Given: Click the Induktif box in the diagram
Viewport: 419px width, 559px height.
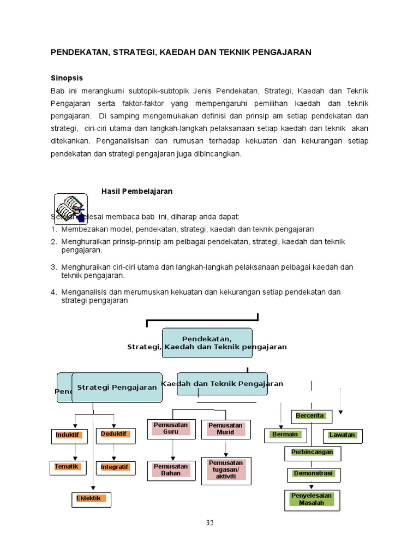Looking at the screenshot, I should pyautogui.click(x=69, y=436).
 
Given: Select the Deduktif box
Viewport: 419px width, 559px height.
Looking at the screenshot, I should pyautogui.click(x=115, y=435).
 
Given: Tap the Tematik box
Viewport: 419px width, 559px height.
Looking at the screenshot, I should pyautogui.click(x=68, y=467).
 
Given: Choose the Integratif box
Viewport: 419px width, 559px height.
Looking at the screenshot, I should pyautogui.click(x=115, y=467).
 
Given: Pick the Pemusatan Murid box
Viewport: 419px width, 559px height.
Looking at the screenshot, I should pyautogui.click(x=225, y=429).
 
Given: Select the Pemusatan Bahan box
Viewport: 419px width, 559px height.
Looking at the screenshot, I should pyautogui.click(x=171, y=471).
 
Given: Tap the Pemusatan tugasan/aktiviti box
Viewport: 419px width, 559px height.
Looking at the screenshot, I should pyautogui.click(x=226, y=470).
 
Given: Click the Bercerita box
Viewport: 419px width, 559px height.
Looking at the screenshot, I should pyautogui.click(x=310, y=416).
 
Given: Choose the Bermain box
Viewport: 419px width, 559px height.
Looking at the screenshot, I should pyautogui.click(x=285, y=435).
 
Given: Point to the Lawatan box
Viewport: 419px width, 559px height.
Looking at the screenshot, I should pyautogui.click(x=342, y=436).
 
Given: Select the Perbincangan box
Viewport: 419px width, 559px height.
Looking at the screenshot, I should pyautogui.click(x=312, y=453).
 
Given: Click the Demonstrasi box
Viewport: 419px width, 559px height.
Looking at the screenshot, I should pyautogui.click(x=313, y=474).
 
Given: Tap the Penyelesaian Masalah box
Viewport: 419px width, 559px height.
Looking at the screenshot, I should pyautogui.click(x=312, y=499).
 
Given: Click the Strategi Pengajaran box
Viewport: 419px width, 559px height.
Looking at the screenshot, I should pyautogui.click(x=117, y=388).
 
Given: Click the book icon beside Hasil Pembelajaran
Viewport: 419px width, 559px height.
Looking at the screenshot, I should pyautogui.click(x=70, y=209).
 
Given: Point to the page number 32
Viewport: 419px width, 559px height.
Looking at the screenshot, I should pyautogui.click(x=209, y=523).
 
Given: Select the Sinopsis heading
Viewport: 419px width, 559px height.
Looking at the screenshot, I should pyautogui.click(x=67, y=78).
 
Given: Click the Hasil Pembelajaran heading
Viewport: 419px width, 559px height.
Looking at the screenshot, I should pyautogui.click(x=137, y=191).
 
